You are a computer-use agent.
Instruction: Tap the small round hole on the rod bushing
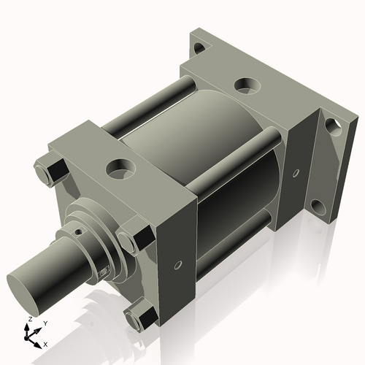[79, 234]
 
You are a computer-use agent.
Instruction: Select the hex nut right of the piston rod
[139, 238]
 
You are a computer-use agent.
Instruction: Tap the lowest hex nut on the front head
[139, 318]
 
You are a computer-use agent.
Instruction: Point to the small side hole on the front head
[177, 264]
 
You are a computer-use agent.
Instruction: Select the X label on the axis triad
[46, 342]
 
